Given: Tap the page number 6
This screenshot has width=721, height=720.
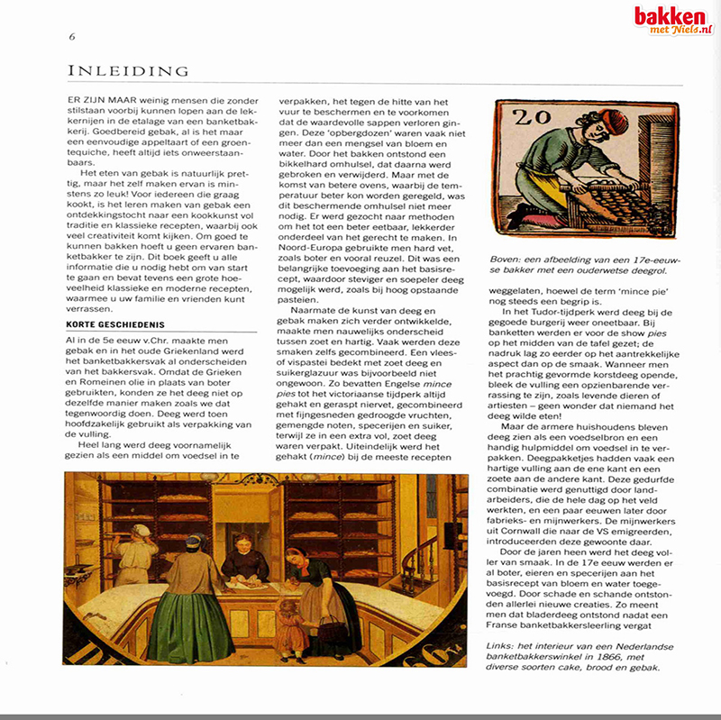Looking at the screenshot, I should (71, 36).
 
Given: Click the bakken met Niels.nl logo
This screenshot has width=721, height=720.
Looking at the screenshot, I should (672, 20).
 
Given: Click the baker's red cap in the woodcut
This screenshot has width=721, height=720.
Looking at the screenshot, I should (586, 121).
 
